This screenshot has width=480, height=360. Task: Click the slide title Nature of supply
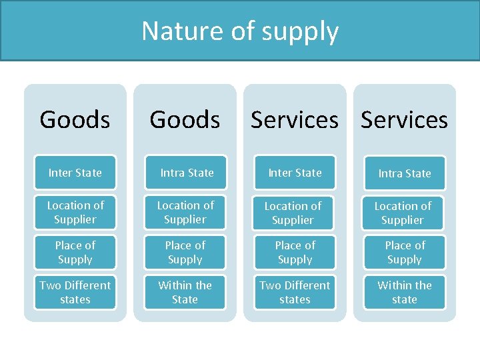(240, 31)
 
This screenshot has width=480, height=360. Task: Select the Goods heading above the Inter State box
(75, 120)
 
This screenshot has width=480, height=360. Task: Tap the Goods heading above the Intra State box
(185, 120)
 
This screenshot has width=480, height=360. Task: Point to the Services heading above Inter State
(295, 120)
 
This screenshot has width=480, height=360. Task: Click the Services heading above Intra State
(404, 120)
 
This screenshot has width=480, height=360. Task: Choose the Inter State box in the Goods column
(75, 173)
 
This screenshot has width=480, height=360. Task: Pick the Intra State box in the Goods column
(185, 173)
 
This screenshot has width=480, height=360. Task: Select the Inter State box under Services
(295, 173)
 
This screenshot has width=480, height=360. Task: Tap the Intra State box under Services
(405, 173)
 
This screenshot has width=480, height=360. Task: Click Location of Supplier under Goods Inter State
(75, 212)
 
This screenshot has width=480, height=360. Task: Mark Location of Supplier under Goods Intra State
(185, 212)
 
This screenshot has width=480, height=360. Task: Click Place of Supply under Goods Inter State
(75, 252)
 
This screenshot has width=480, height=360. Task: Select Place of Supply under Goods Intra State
(185, 252)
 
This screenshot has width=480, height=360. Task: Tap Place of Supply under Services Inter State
(295, 252)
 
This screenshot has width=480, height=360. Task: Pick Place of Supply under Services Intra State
(405, 252)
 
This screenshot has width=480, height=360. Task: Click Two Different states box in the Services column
(295, 292)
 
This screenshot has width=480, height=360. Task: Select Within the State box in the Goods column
(185, 292)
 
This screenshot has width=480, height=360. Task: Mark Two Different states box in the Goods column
(75, 292)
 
